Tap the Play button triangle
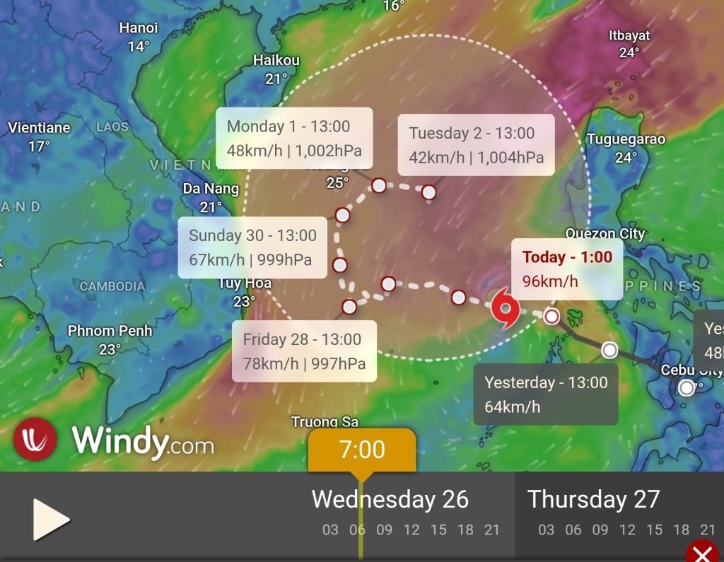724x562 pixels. [50, 520]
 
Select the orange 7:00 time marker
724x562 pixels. [362, 450]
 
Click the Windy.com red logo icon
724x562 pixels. [35, 439]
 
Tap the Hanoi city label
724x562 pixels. [139, 28]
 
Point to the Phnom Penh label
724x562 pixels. [110, 331]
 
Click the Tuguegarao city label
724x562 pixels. [626, 139]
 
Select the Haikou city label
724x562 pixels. [276, 61]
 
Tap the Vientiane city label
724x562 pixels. [40, 128]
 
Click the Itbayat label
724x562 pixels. [629, 35]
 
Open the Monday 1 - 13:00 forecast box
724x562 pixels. [294, 138]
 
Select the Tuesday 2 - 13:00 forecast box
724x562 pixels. [476, 144]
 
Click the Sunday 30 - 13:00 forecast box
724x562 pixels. [252, 247]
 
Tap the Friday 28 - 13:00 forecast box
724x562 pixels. [304, 351]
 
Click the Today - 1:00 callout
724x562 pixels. [567, 269]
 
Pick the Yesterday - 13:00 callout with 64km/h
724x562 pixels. [546, 394]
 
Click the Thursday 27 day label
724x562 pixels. [593, 500]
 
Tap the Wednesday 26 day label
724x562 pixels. [390, 500]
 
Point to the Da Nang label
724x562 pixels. [211, 189]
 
